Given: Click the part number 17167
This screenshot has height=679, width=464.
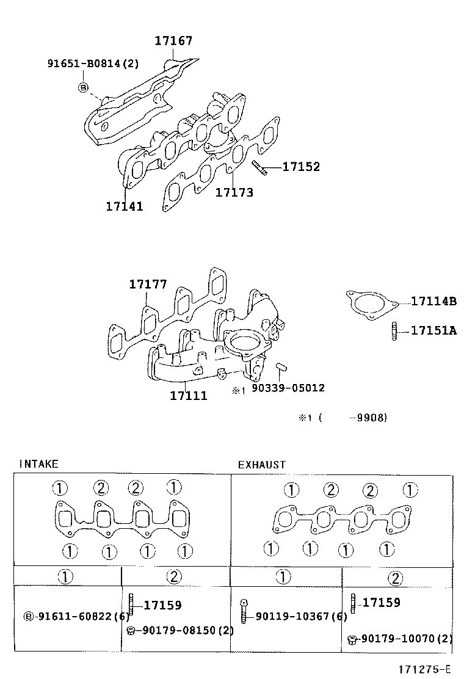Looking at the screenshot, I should [x=173, y=41].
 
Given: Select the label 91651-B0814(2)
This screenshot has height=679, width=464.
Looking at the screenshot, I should [x=93, y=63].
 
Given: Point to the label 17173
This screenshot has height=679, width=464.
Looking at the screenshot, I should [x=234, y=192].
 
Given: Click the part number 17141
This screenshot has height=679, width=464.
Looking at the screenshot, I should [x=124, y=206].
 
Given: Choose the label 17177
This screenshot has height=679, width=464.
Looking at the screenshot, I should [x=148, y=285].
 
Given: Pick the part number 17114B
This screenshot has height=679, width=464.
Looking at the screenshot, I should [x=433, y=301].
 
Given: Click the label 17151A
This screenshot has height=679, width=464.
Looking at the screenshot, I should [x=433, y=330].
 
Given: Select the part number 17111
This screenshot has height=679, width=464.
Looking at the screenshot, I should [x=188, y=396].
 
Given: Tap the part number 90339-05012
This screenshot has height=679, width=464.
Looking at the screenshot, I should [x=288, y=388].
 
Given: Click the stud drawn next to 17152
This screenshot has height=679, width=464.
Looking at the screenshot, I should [x=258, y=167].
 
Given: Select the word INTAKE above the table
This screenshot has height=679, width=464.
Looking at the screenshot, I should [x=38, y=464].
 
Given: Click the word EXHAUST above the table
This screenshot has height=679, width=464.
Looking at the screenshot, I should [x=261, y=465].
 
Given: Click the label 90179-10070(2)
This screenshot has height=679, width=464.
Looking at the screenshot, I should [x=406, y=639].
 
